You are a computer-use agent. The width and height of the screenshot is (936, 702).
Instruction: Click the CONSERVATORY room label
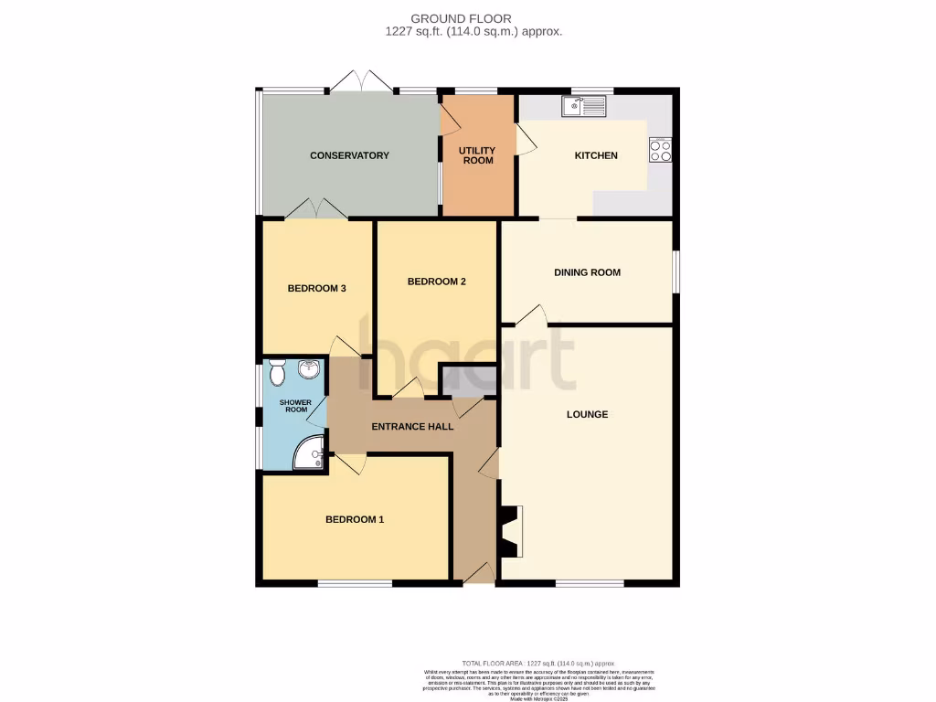click(x=349, y=155)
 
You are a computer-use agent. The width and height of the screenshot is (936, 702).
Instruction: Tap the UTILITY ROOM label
click(x=477, y=155)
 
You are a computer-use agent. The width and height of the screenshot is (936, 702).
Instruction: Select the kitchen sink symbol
click(x=582, y=107)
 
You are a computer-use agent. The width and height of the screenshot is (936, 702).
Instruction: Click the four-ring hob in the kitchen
click(x=660, y=150)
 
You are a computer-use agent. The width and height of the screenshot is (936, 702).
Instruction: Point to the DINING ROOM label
click(x=587, y=272)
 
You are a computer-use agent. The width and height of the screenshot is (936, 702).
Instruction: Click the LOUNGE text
click(x=587, y=414)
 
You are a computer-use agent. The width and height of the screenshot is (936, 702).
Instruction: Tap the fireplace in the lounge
click(x=510, y=531)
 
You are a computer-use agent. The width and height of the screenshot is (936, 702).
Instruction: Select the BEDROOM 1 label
click(x=355, y=519)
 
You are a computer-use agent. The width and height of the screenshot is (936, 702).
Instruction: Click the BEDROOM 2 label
click(x=437, y=282)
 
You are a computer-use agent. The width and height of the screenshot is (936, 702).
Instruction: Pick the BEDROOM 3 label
click(x=316, y=289)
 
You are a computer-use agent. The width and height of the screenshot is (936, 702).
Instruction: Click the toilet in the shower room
click(x=278, y=372)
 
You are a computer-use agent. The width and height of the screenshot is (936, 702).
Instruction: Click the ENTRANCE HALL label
click(x=412, y=426)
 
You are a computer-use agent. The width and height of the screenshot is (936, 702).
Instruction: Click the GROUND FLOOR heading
click(x=473, y=18)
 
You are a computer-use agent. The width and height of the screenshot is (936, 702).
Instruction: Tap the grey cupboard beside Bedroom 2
click(x=468, y=381)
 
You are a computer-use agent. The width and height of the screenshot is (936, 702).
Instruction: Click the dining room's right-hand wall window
click(x=676, y=272)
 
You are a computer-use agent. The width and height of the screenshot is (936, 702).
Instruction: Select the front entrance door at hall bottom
click(x=479, y=573)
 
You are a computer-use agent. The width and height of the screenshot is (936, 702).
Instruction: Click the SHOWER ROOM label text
click(x=295, y=406)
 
